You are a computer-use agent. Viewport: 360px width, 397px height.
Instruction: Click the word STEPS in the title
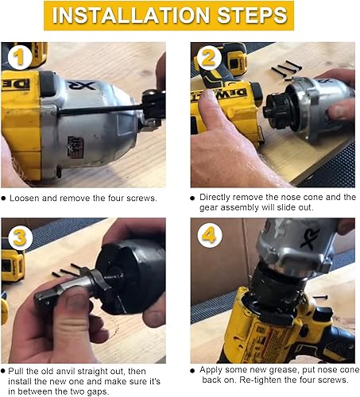coord(253,15)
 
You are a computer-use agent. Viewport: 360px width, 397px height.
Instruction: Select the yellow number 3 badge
coord(19,237)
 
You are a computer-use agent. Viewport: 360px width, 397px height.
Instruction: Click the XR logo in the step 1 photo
coord(85,86)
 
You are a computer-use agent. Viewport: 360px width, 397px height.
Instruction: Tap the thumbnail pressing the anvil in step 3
coord(73,305)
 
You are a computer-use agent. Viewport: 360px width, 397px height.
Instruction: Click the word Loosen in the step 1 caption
coord(28,197)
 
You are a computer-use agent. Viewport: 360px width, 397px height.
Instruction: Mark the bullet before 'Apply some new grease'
coord(194,371)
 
